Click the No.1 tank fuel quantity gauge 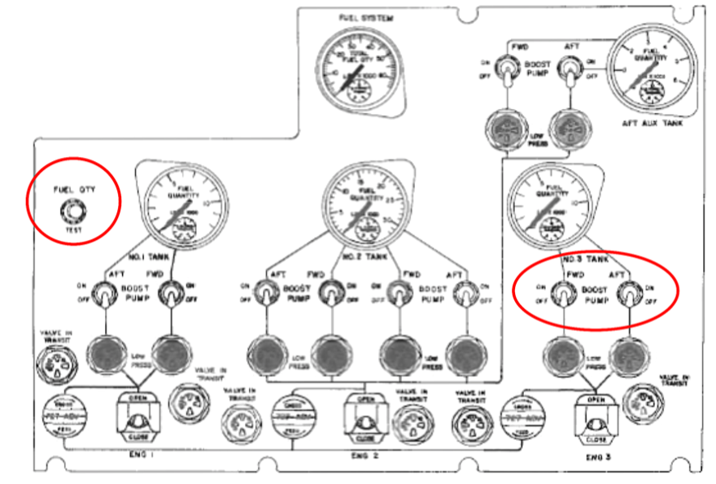pyautogui.click(x=184, y=203)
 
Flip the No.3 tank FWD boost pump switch pyautogui.click(x=560, y=297)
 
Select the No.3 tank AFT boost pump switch pyautogui.click(x=627, y=297)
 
